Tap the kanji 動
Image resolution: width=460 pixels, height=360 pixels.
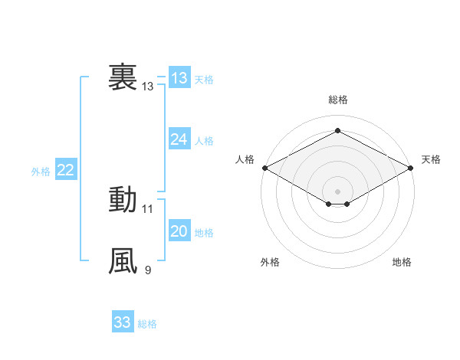(x=123, y=199)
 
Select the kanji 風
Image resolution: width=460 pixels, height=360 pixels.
(x=123, y=260)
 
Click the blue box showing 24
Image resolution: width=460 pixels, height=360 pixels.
(x=179, y=139)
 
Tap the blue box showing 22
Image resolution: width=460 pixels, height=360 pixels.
(x=65, y=171)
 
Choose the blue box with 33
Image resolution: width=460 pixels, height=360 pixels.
(x=123, y=322)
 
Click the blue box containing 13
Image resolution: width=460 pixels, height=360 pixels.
(x=179, y=78)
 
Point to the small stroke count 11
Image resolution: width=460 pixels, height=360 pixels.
(x=148, y=208)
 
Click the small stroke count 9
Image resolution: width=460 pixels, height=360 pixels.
(x=148, y=270)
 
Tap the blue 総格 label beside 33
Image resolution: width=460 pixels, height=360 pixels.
(x=147, y=324)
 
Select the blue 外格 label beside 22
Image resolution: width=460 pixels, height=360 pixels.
(x=41, y=172)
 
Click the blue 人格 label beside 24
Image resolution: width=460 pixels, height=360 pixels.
(x=204, y=141)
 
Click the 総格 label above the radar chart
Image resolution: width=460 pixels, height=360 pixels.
(x=337, y=100)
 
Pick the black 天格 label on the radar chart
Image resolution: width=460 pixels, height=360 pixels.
(x=431, y=159)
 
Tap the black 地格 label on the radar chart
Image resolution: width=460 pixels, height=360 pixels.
(x=402, y=262)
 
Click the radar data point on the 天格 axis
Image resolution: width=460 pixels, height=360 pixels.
(x=412, y=167)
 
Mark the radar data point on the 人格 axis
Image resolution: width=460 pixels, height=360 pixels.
(x=264, y=167)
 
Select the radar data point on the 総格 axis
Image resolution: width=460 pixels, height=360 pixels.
(x=337, y=131)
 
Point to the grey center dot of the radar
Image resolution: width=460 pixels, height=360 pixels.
(x=337, y=190)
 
